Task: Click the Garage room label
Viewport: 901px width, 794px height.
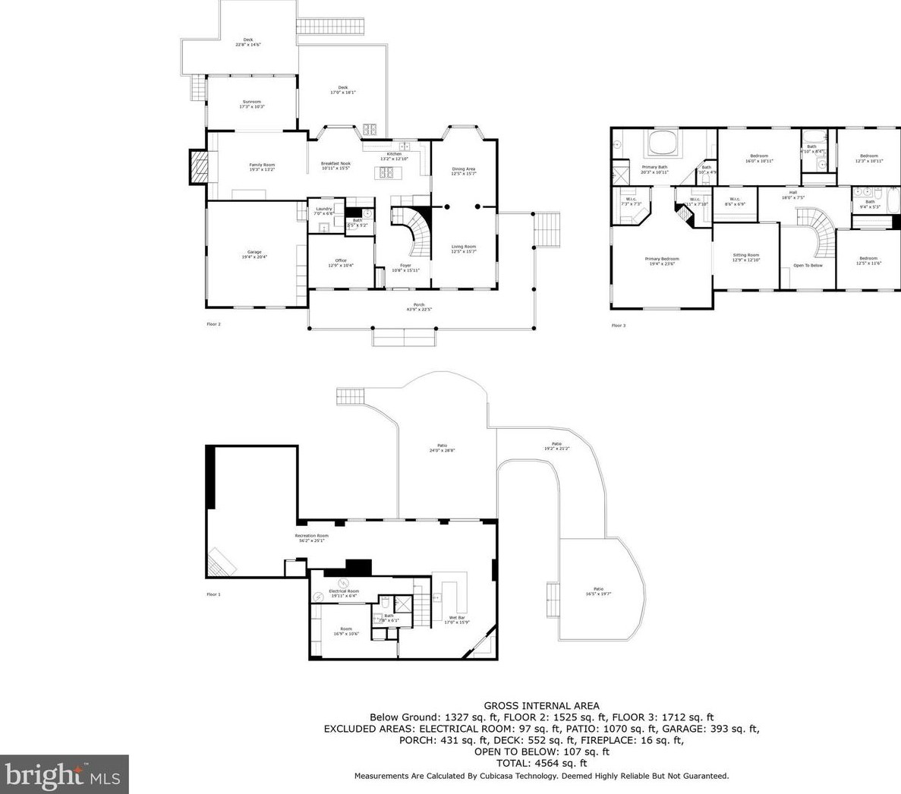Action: pyautogui.click(x=254, y=254)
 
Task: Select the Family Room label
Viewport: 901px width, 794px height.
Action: pyautogui.click(x=262, y=167)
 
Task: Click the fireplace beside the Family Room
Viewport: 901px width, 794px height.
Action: pyautogui.click(x=198, y=167)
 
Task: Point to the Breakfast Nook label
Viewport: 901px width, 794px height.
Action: pyautogui.click(x=336, y=165)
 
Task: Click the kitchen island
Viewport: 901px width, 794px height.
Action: pyautogui.click(x=386, y=173)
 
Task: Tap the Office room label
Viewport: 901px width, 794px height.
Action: pyautogui.click(x=341, y=263)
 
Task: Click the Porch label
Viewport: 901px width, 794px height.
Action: pyautogui.click(x=419, y=307)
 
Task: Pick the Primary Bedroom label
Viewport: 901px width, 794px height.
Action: pyautogui.click(x=662, y=261)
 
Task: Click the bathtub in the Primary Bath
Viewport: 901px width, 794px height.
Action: pyautogui.click(x=661, y=144)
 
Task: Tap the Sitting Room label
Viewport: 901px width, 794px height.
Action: pyautogui.click(x=745, y=257)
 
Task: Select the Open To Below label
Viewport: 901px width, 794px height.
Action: pyautogui.click(x=808, y=266)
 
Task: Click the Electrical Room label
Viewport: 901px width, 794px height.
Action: pyautogui.click(x=344, y=593)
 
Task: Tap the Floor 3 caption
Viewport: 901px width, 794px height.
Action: pyautogui.click(x=619, y=326)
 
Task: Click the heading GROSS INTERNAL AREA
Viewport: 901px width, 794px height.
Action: pyautogui.click(x=541, y=705)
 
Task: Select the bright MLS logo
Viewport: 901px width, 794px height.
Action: pyautogui.click(x=65, y=774)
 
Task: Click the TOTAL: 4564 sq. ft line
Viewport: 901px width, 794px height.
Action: pyautogui.click(x=541, y=763)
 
